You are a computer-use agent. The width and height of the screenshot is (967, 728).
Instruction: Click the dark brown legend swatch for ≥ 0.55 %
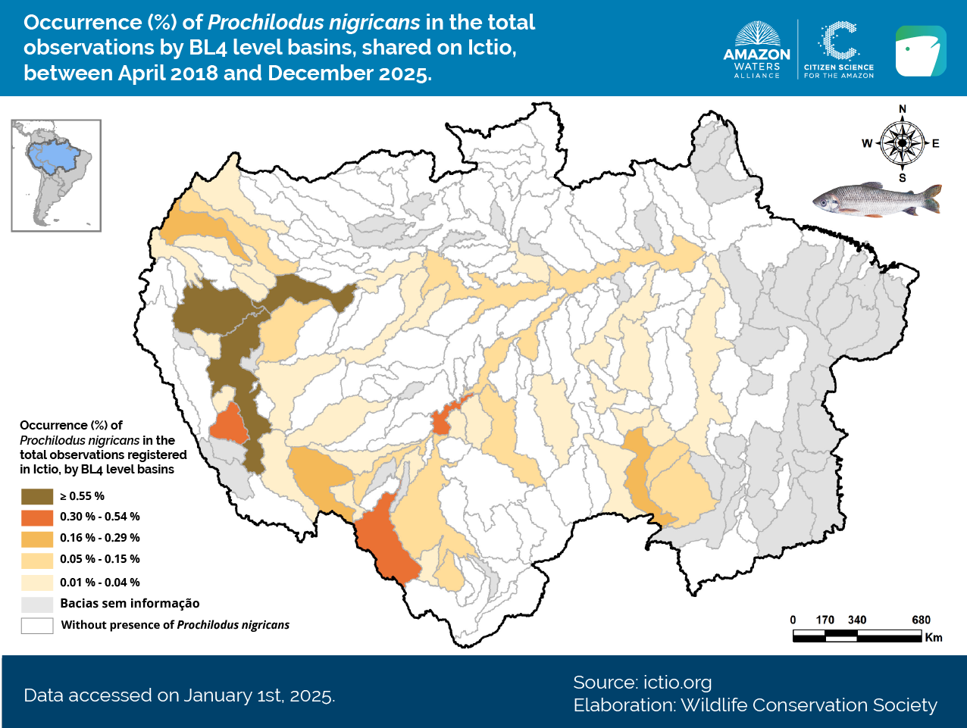coord(37,496)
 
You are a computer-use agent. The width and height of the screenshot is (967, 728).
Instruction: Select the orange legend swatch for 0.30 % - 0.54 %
coord(37,517)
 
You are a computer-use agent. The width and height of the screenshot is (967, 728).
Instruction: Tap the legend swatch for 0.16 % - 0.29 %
coord(37,539)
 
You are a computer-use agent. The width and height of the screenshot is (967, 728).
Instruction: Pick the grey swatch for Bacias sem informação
coord(37,604)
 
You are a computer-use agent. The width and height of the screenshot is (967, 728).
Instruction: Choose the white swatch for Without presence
coord(37,626)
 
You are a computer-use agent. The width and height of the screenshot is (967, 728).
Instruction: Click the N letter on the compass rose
coord(903,110)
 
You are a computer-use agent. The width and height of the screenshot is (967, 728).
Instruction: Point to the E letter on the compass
coord(936,143)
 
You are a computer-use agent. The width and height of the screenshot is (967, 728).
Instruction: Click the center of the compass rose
coord(903,143)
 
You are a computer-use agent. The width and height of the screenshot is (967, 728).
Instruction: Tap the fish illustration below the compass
coord(877,200)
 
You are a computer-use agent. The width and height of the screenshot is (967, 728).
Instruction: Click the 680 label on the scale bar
coord(921,620)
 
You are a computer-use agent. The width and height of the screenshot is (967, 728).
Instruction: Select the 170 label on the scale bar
coord(825,620)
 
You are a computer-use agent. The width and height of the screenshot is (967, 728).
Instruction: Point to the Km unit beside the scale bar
coord(934,637)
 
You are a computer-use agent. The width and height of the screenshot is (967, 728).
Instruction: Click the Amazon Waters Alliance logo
coord(756,50)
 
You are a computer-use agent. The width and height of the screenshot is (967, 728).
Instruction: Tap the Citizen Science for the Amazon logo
coord(839,50)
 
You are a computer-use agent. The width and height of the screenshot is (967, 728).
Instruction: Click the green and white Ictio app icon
coord(921,51)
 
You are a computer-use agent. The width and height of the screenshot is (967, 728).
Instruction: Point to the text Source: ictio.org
coord(642,683)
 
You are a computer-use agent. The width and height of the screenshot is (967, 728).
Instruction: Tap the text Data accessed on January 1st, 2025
coord(179,695)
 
